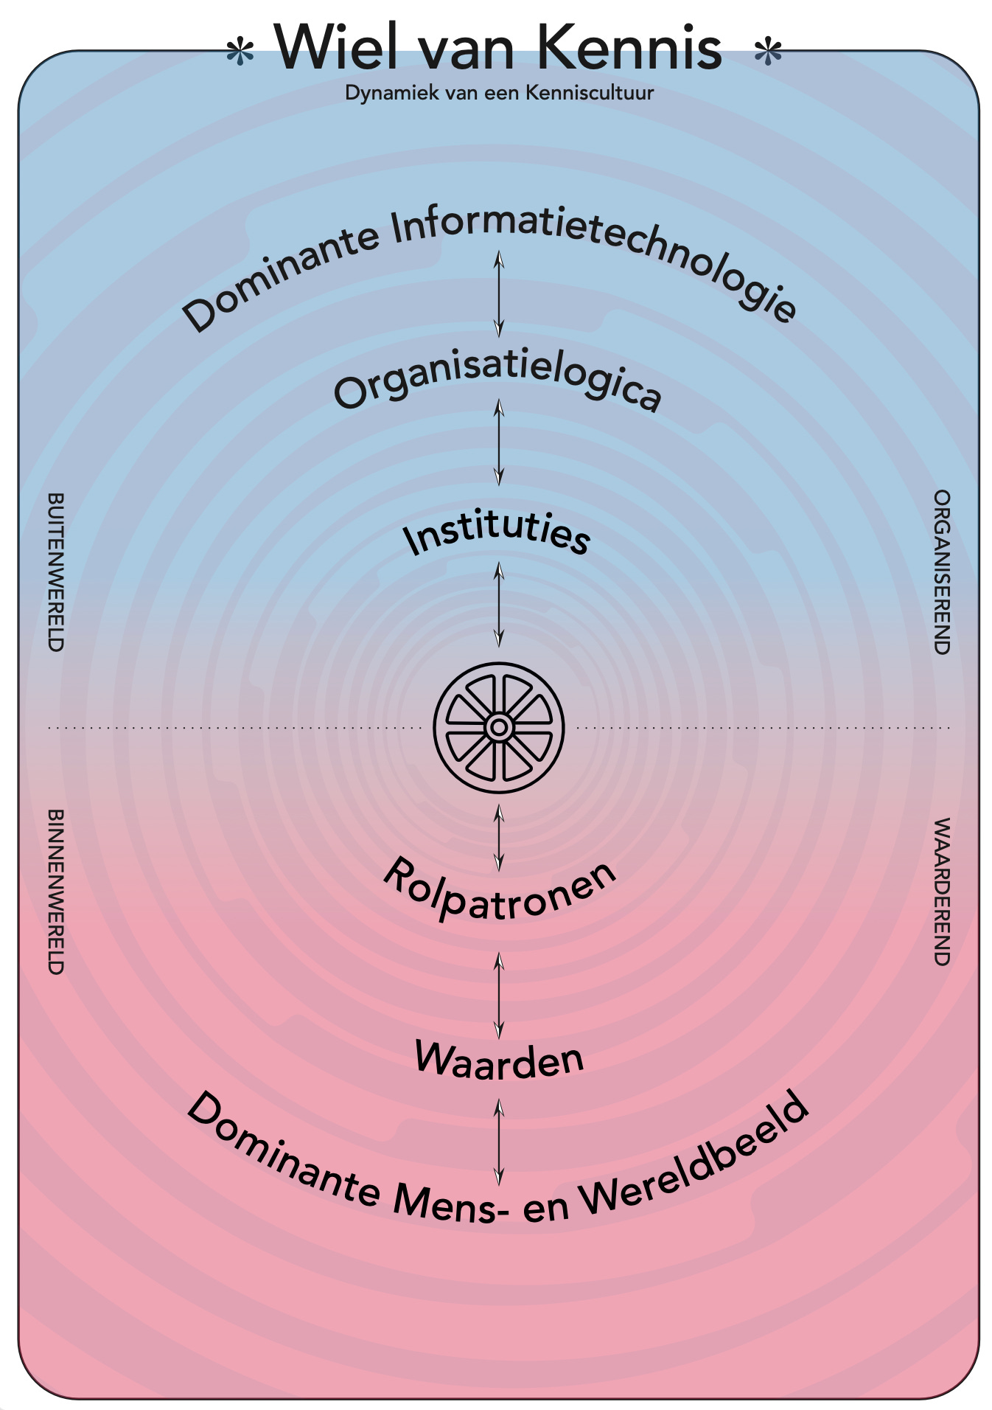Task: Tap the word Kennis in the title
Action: (629, 47)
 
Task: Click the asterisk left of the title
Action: (240, 52)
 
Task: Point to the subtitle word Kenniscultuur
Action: (590, 93)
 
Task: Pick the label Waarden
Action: (499, 1060)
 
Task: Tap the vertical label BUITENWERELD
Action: (55, 572)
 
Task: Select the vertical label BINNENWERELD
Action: (55, 892)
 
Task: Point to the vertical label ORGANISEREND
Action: (941, 572)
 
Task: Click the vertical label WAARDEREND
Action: (941, 892)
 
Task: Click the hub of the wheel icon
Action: (499, 728)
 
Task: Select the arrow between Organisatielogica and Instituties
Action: (499, 442)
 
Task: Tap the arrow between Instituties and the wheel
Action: (499, 605)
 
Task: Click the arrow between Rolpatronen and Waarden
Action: (499, 996)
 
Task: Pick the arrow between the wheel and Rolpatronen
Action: (499, 838)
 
